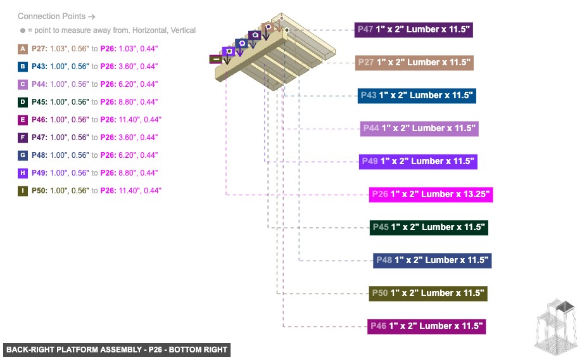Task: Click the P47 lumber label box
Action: (414, 29)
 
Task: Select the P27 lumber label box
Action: (414, 62)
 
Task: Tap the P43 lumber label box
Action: (416, 95)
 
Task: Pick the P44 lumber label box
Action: (419, 128)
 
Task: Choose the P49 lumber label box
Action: (417, 161)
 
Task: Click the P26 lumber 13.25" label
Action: (431, 194)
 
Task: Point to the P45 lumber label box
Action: (428, 227)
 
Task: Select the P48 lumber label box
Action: (432, 260)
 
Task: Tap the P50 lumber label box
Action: (428, 293)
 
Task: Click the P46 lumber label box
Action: (427, 326)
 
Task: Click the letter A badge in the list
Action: (23, 49)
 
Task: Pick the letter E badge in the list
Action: (23, 120)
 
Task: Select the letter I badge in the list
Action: (23, 191)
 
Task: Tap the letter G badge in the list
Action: (23, 155)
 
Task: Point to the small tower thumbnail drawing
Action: (555, 325)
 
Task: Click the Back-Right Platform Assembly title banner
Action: (117, 349)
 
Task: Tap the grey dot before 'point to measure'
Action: (22, 30)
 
